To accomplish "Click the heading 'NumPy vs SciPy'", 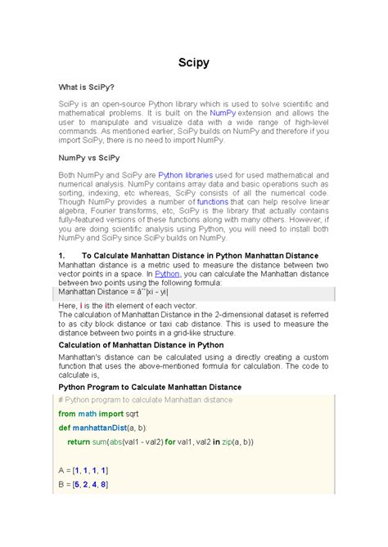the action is click(x=88, y=157).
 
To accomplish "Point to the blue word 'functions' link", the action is click(x=212, y=200).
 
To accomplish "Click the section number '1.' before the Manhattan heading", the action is click(x=61, y=256).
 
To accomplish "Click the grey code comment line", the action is click(x=146, y=400).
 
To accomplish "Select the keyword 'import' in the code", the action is click(x=111, y=415).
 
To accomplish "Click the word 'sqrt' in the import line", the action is click(x=135, y=415).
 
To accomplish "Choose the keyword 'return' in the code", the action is click(x=79, y=442).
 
